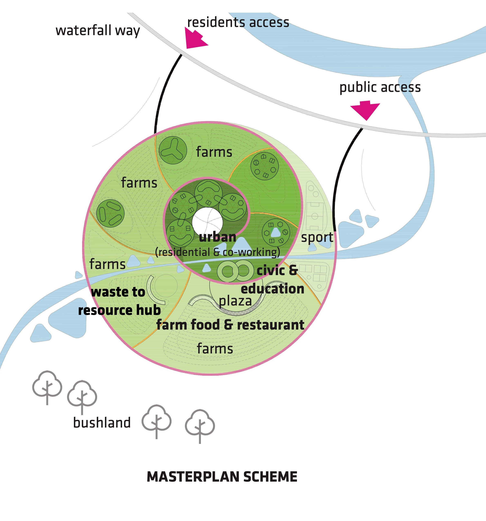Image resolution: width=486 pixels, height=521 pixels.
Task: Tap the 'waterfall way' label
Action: pos(98,30)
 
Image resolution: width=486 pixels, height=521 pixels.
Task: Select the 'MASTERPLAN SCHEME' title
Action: pos(222,477)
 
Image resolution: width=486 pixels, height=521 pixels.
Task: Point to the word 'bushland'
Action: pos(102,423)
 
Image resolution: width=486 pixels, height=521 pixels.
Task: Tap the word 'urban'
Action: pos(217,237)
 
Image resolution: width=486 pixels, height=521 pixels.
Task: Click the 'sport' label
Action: pos(317,237)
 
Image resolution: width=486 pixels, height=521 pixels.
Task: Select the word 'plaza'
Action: pos(235,301)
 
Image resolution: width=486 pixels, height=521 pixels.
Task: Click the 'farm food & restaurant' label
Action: pos(230,325)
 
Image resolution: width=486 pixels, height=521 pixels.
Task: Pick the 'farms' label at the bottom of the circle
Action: pos(215,349)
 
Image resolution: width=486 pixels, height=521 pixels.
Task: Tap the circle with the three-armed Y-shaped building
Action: pos(173,150)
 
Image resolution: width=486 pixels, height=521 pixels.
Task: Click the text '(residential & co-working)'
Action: pos(217,252)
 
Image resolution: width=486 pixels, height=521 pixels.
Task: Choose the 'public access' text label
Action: pos(380,87)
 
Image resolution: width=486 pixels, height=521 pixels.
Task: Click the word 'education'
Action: pos(273,289)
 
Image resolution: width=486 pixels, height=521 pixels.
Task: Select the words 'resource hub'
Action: pos(119,310)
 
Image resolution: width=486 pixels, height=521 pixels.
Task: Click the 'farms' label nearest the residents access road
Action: pos(214,152)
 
